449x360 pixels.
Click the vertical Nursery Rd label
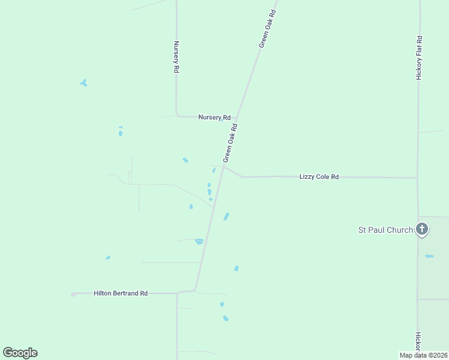click(x=176, y=57)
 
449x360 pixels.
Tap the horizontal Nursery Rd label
click(x=214, y=117)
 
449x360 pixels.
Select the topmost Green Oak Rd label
click(x=268, y=29)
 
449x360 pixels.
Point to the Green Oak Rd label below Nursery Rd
click(x=231, y=143)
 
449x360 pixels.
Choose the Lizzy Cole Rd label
click(x=319, y=177)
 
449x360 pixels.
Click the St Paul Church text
click(x=385, y=230)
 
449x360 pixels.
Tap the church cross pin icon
click(x=422, y=229)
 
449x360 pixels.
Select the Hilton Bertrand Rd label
click(x=120, y=293)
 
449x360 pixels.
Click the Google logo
click(x=20, y=353)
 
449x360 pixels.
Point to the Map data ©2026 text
click(x=423, y=355)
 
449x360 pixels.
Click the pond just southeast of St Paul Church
click(x=429, y=256)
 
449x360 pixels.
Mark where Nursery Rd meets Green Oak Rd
click(x=237, y=118)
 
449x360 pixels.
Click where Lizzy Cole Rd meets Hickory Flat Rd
click(x=418, y=178)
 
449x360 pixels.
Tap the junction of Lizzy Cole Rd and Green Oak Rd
click(x=223, y=167)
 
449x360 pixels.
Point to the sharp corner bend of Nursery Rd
click(x=176, y=114)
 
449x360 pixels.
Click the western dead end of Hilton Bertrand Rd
click(x=73, y=294)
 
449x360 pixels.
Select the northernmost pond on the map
click(x=84, y=83)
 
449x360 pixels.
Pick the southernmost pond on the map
click(x=226, y=318)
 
